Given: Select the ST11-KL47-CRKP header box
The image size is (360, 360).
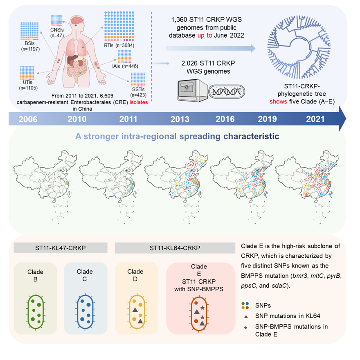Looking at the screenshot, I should click(61, 248).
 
